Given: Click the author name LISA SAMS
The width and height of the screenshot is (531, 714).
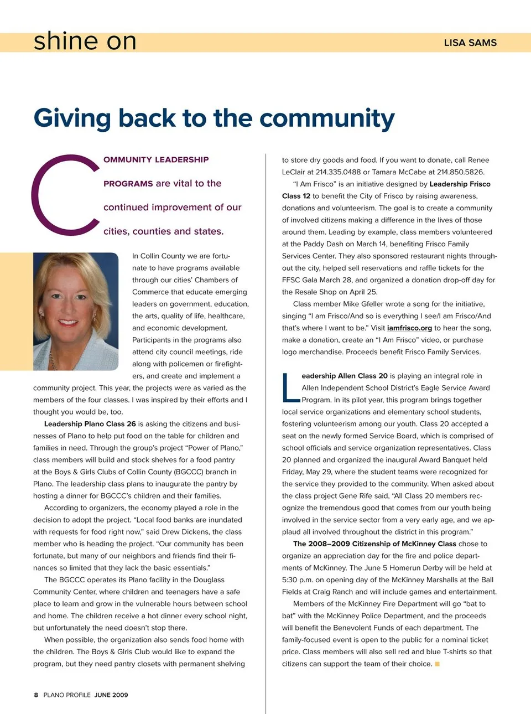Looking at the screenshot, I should [470, 43].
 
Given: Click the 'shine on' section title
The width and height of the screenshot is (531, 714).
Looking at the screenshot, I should [85, 42].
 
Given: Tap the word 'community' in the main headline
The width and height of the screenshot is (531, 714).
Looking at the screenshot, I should [327, 118].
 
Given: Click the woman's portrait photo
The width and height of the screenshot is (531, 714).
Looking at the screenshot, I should [76, 311].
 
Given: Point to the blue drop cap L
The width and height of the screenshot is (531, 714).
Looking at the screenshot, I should [290, 388].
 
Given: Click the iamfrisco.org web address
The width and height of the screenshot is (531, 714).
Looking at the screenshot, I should [409, 328].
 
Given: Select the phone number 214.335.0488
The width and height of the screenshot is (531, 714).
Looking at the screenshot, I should [337, 172].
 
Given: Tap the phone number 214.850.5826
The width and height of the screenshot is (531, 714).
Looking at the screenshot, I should [460, 172].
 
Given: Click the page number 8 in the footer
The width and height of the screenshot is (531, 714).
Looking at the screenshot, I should [36, 695].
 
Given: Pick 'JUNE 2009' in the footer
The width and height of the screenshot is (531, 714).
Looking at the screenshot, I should [111, 695].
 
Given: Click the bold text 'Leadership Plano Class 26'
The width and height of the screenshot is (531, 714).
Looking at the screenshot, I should [90, 424].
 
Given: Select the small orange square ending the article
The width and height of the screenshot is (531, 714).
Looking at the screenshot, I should [437, 664].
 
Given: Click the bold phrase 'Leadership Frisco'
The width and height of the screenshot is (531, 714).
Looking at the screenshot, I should [460, 184].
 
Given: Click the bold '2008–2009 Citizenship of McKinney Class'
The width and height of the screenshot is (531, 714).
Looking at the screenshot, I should [374, 544].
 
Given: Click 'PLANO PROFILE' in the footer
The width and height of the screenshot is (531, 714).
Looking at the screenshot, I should [67, 695].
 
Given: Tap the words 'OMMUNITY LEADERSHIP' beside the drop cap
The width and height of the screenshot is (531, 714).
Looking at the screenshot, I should [156, 160].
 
